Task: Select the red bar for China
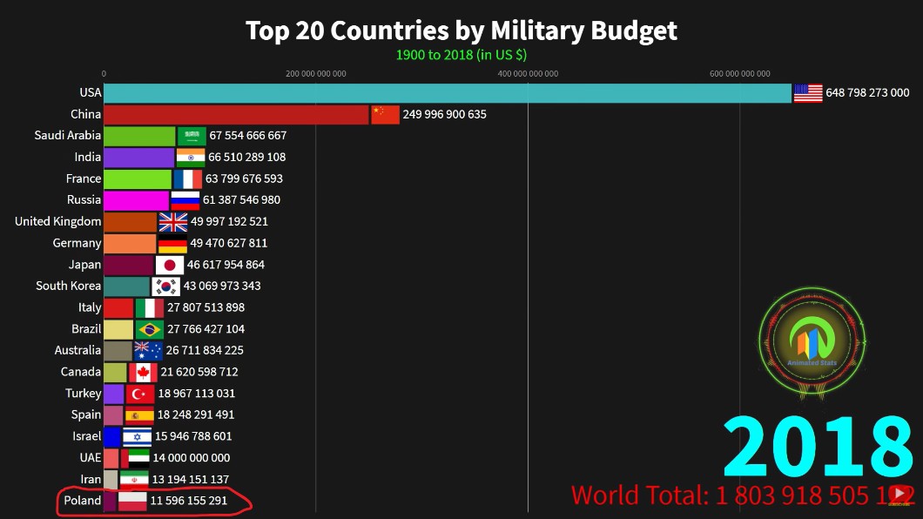pos(235,115)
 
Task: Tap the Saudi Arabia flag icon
pos(192,136)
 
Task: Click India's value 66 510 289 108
pos(246,158)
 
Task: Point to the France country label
pos(84,179)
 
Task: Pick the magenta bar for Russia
pos(136,200)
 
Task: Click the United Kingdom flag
pos(173,222)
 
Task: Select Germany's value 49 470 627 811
pos(228,244)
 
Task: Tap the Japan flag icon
pos(170,265)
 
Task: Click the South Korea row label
pos(69,286)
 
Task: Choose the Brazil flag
pos(150,329)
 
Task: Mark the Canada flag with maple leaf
pos(143,372)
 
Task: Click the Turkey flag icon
pos(140,394)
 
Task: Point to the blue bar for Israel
pos(111,436)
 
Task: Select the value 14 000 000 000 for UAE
pos(191,458)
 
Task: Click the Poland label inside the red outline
pos(83,501)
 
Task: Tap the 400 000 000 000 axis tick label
pos(528,74)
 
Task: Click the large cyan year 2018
pos(817,449)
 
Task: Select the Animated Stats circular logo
pos(812,342)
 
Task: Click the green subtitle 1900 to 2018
pos(461,55)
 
